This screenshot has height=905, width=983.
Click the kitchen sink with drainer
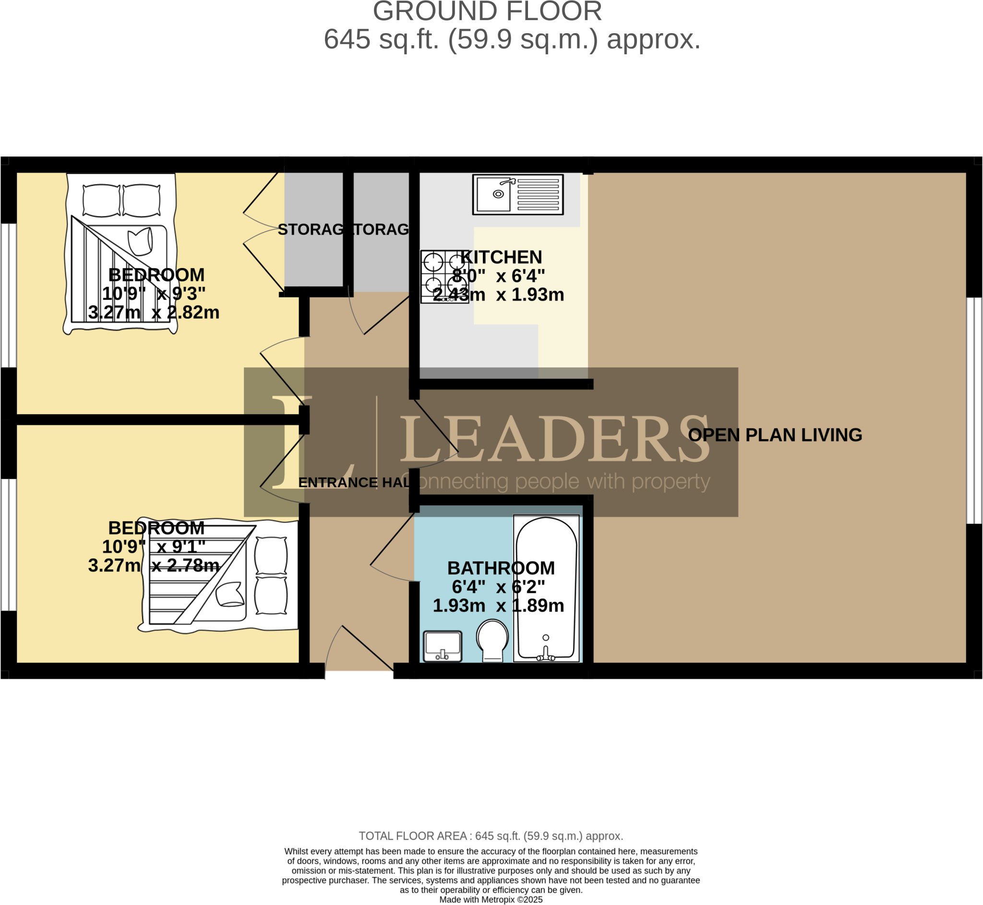[x=517, y=195]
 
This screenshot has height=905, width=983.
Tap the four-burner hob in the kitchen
[x=444, y=277]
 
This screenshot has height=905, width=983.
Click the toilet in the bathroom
[x=492, y=639]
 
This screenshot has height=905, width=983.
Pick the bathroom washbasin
[x=443, y=646]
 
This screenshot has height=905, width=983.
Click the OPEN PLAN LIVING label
[x=775, y=435]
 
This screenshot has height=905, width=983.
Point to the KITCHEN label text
[x=501, y=257]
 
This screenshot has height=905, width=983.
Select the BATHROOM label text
[x=501, y=568]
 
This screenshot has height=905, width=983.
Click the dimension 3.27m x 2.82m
[x=154, y=312]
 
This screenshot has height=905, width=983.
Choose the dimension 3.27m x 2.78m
[x=154, y=566]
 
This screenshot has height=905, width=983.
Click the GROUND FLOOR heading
[x=487, y=12]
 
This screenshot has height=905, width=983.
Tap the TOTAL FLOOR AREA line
[x=491, y=836]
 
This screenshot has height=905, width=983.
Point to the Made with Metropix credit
[x=491, y=900]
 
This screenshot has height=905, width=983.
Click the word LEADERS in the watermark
[x=555, y=439]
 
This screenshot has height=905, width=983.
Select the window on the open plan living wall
[x=974, y=410]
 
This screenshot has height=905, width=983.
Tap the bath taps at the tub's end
[x=546, y=654]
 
